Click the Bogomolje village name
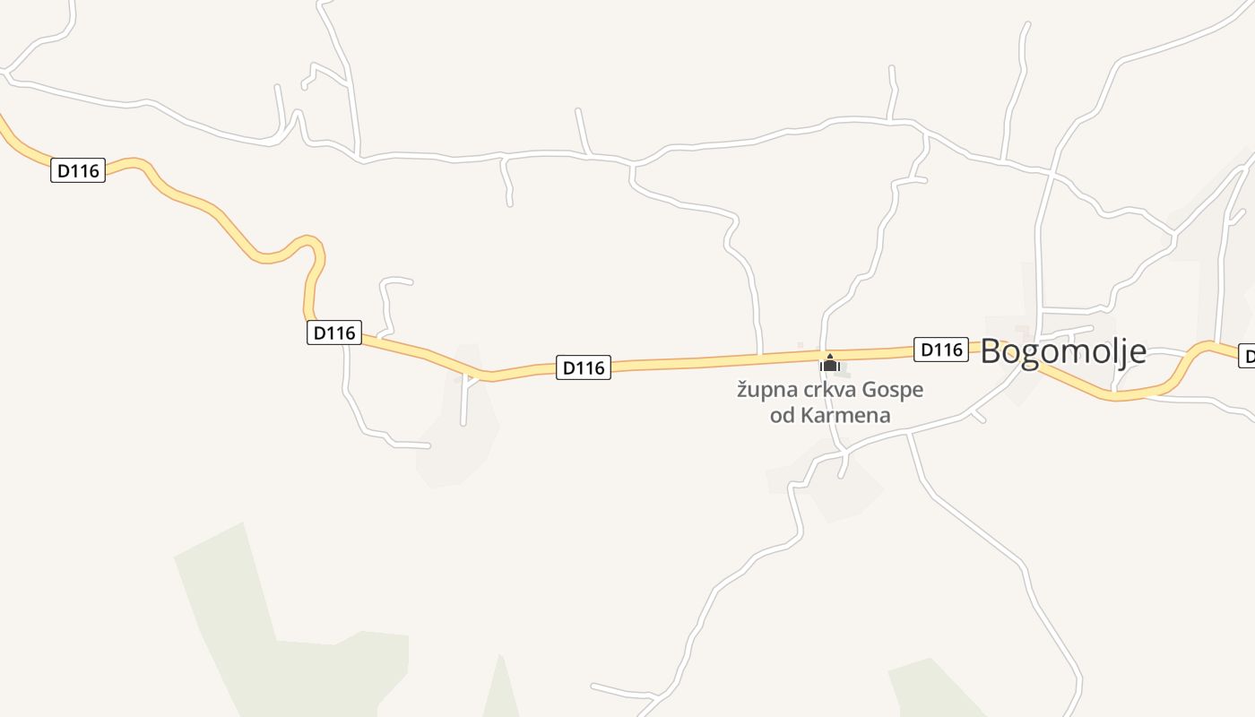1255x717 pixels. [x=1062, y=351]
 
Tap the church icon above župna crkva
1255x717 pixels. [x=830, y=364]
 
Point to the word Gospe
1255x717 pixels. [x=893, y=391]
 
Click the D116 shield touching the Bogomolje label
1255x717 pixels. [x=941, y=350]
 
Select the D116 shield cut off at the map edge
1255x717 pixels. [x=1247, y=356]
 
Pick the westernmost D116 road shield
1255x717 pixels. [x=78, y=170]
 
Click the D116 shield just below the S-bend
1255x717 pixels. [x=334, y=333]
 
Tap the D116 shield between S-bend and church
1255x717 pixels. [x=584, y=367]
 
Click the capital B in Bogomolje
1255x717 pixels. [x=991, y=351]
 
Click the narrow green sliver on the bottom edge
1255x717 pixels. [x=500, y=695]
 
